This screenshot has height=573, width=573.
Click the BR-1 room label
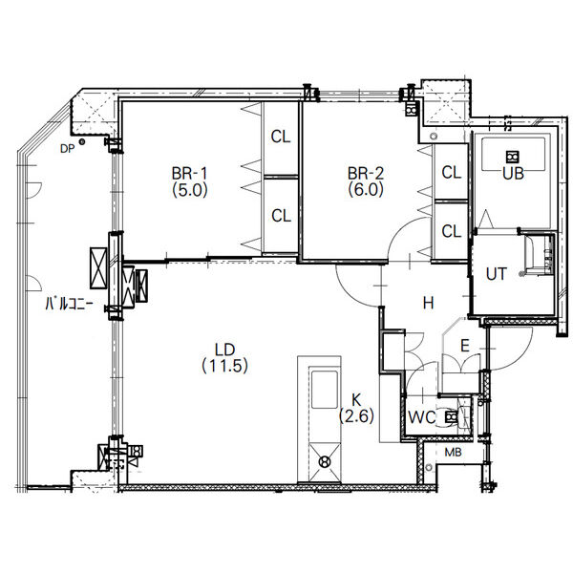(x=190, y=181)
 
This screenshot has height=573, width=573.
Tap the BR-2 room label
(x=366, y=181)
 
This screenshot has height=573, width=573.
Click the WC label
(x=421, y=417)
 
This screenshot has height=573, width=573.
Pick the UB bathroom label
(x=514, y=174)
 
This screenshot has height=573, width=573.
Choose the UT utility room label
(x=497, y=274)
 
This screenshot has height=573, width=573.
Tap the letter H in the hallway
(x=428, y=303)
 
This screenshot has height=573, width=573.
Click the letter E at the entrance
(x=465, y=346)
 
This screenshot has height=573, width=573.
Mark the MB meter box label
(x=453, y=453)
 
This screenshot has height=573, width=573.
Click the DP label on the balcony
(x=67, y=149)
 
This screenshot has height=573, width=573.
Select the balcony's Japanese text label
(x=70, y=304)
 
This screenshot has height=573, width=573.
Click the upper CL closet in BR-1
(x=281, y=137)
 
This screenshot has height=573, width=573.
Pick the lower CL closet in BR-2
(x=452, y=231)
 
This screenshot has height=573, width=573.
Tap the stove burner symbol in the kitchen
(x=325, y=462)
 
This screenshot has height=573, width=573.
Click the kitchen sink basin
(x=324, y=390)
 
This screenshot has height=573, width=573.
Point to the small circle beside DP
(x=82, y=141)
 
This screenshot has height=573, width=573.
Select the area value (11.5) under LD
(x=224, y=366)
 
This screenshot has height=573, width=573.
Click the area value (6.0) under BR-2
(x=366, y=190)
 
